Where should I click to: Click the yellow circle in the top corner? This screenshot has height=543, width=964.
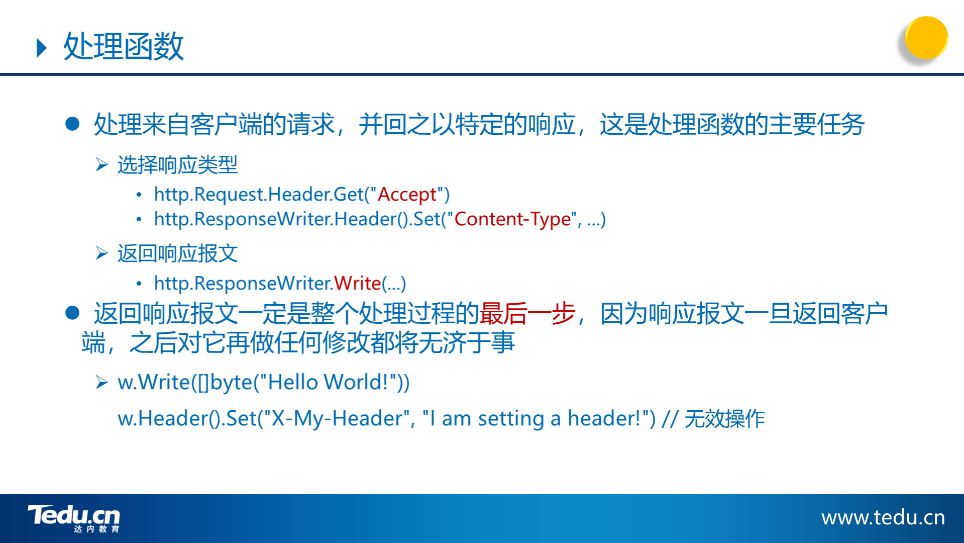926,38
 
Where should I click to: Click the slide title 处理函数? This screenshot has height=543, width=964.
124,46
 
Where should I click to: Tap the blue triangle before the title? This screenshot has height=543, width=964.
42,48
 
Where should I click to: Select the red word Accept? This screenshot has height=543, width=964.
407,195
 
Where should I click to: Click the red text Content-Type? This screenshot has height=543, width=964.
513,219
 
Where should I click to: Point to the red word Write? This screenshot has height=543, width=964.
358,284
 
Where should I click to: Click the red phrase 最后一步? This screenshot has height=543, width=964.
527,314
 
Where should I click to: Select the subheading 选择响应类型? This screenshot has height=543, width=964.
177,165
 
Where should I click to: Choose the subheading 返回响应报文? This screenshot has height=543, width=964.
177,253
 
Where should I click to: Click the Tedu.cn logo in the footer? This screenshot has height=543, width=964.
74,518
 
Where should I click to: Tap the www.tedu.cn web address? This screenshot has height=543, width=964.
883,517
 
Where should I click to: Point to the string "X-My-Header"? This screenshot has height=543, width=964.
337,418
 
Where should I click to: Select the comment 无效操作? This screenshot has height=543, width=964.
725,419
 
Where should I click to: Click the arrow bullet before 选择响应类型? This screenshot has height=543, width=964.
102,165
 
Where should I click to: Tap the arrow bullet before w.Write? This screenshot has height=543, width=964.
102,383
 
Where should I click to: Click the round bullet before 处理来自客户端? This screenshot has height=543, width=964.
73,124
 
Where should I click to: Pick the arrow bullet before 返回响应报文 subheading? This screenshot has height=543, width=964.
102,253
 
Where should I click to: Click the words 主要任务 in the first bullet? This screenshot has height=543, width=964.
816,125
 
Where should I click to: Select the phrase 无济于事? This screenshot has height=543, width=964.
467,343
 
